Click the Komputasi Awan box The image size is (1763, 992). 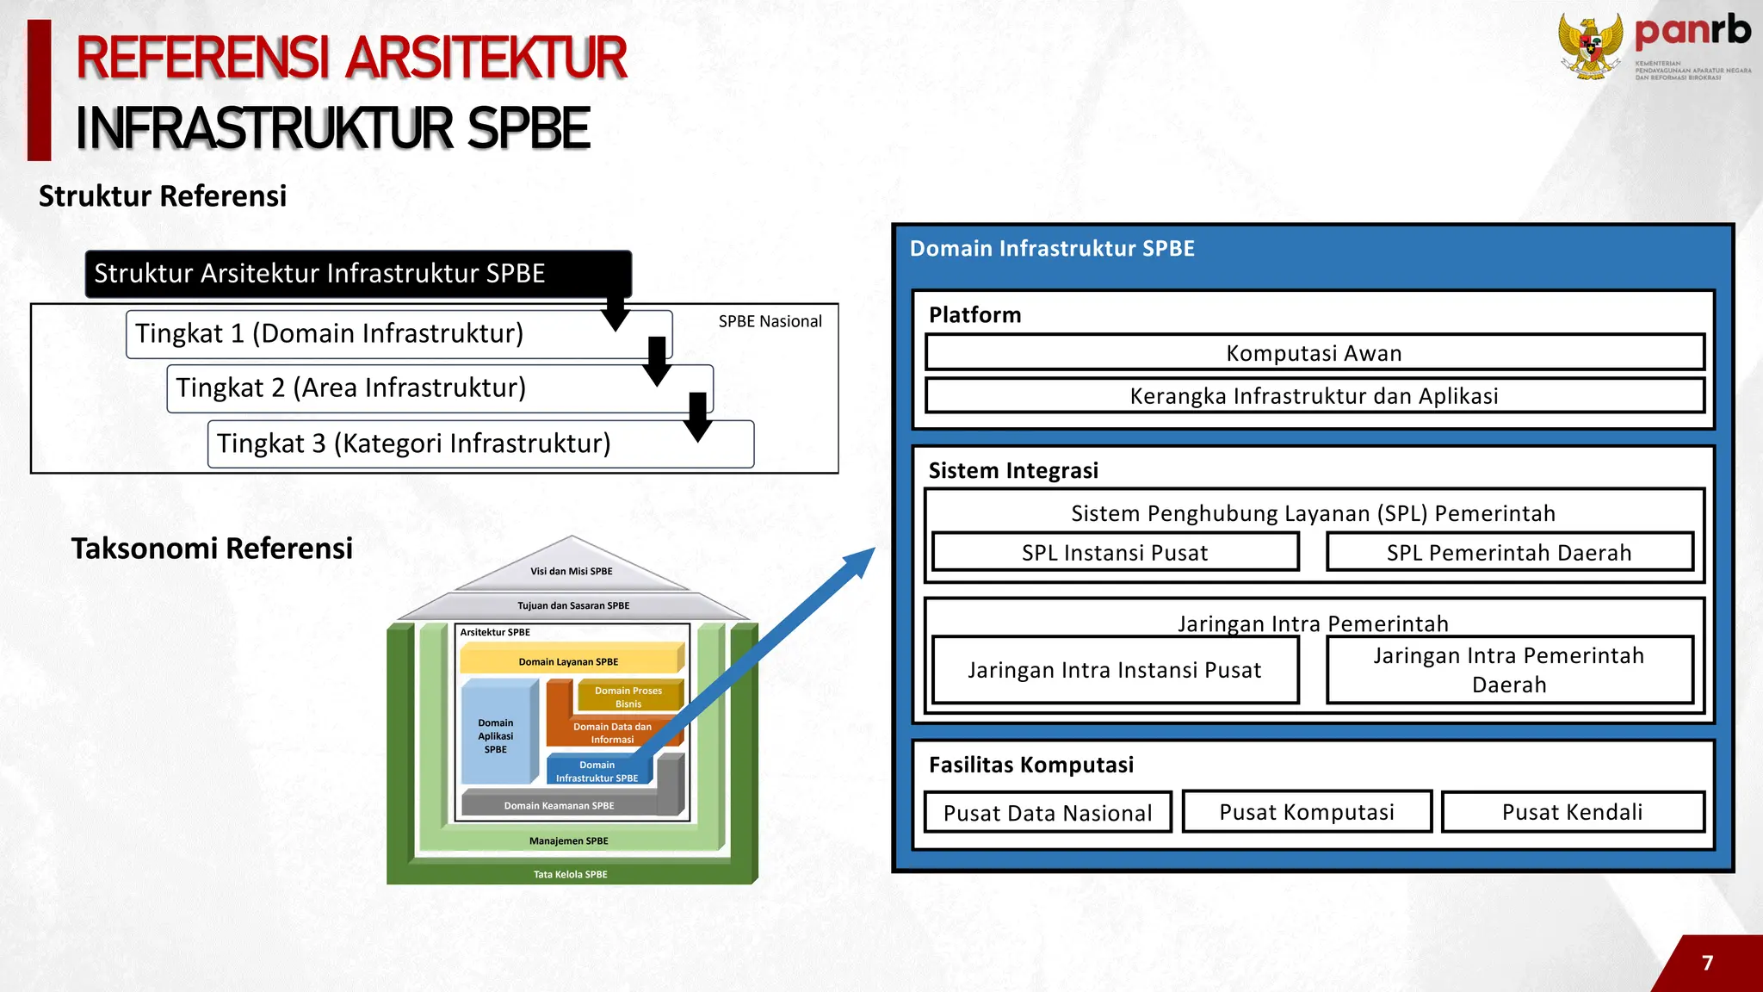coord(1314,353)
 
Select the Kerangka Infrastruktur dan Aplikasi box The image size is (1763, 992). coord(1314,396)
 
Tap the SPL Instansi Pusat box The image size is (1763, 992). coord(1115,553)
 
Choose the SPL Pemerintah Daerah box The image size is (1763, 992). coord(1509,553)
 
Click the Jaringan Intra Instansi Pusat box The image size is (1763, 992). coord(1115,670)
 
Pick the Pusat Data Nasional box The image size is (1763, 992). coord(1048,813)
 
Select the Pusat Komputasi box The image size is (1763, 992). coord(1307,812)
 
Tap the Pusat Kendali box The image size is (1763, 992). coord(1572,812)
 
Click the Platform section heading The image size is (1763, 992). coord(974,315)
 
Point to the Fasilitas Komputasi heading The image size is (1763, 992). coord(1030,765)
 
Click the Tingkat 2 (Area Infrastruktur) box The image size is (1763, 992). coord(351,388)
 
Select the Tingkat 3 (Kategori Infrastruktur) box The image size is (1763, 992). coord(413,444)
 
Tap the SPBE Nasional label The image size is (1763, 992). coord(770,321)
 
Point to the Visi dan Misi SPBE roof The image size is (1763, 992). coord(572,568)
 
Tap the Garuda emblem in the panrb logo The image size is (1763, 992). coord(1590,48)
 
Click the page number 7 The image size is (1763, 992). coord(1708,963)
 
